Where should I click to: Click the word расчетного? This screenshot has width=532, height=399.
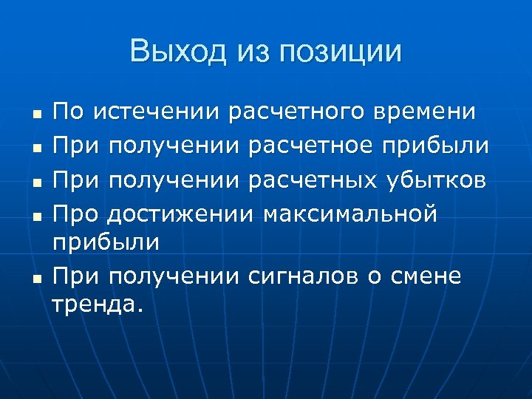click(x=299, y=113)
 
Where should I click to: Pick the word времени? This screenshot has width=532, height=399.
click(x=426, y=113)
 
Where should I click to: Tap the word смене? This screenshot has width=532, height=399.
click(x=431, y=277)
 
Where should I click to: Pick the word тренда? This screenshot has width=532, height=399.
click(x=96, y=305)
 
